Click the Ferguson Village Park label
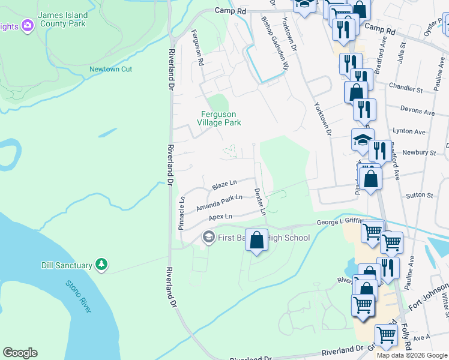click(x=219, y=118)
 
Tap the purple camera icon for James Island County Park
click(x=27, y=25)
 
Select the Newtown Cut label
click(x=110, y=69)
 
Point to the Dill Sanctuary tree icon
click(x=102, y=265)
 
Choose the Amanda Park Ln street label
click(x=219, y=203)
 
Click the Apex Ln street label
click(x=220, y=217)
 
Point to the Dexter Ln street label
click(x=259, y=201)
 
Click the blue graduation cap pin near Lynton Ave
click(x=363, y=140)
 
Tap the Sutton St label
click(x=419, y=195)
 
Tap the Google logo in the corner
click(x=20, y=353)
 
